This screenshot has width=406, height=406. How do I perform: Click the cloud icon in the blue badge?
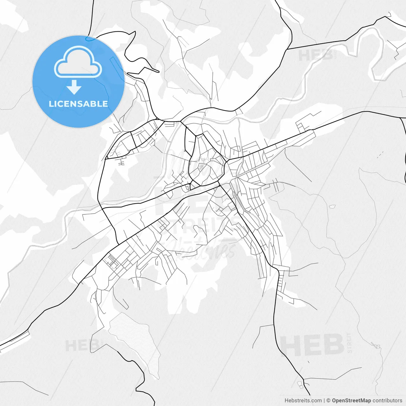pyautogui.click(x=78, y=62)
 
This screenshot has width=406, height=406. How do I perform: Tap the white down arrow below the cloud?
pyautogui.click(x=74, y=87)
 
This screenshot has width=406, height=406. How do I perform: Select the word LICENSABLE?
pyautogui.click(x=78, y=104)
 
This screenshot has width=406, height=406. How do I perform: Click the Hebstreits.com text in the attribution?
pyautogui.click(x=303, y=401)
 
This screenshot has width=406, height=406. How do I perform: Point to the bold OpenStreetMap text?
pyautogui.click(x=351, y=401)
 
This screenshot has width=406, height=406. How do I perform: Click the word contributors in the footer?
pyautogui.click(x=387, y=401)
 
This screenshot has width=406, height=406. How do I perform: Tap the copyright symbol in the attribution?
pyautogui.click(x=329, y=401)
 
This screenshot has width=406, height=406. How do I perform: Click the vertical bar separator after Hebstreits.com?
pyautogui.click(x=324, y=401)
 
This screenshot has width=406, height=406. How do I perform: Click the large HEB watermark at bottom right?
pyautogui.click(x=312, y=345)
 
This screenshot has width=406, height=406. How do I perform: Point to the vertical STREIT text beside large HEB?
pyautogui.click(x=350, y=343)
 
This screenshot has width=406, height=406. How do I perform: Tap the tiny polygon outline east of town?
pyautogui.click(x=332, y=206)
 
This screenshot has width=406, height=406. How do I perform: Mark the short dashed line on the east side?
pyautogui.click(x=380, y=154)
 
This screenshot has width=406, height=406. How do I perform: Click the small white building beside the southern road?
pyautogui.click(x=300, y=385)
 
